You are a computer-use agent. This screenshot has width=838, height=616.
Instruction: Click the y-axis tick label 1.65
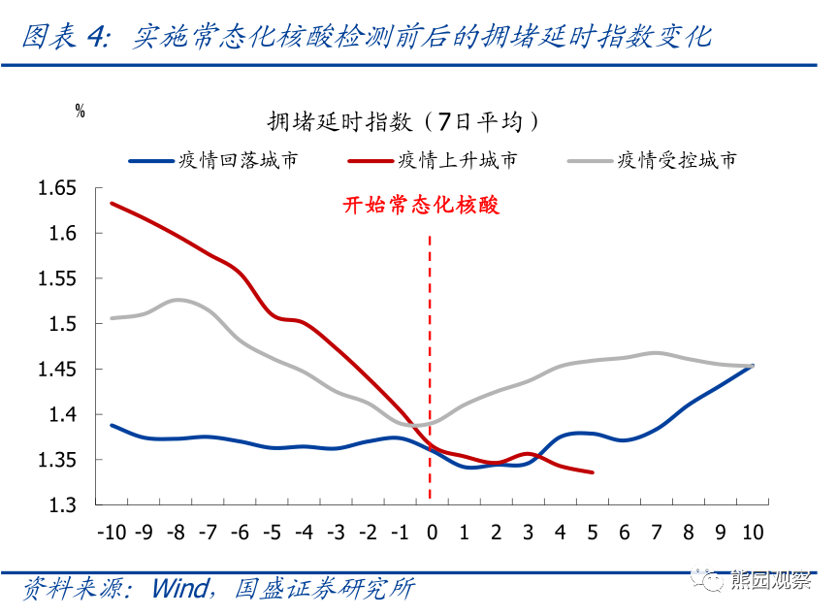tap(56, 188)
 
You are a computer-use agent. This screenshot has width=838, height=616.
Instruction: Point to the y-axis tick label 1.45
tap(56, 369)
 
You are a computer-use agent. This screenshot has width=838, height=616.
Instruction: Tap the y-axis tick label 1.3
tap(62, 504)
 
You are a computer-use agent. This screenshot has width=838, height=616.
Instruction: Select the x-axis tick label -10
tap(112, 533)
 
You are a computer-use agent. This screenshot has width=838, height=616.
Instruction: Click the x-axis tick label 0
tap(432, 533)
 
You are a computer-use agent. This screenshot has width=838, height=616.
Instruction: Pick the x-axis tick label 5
tap(593, 533)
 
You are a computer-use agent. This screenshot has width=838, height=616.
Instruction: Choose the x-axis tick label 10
tap(753, 533)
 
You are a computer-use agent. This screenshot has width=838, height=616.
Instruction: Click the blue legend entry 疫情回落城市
tap(213, 160)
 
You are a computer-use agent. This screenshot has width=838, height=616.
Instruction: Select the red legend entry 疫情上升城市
tap(433, 160)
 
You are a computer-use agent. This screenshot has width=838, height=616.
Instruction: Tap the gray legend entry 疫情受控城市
tap(652, 160)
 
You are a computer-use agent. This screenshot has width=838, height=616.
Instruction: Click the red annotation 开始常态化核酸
tap(421, 205)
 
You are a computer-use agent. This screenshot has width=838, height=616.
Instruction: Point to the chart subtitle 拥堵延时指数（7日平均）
tap(403, 121)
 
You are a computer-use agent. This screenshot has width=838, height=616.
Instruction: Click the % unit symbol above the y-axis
tap(81, 111)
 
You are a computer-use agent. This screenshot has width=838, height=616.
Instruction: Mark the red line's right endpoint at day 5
tap(593, 472)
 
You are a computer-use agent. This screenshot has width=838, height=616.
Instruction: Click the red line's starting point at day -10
tap(112, 203)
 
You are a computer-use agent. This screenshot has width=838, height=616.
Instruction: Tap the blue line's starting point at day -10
tap(112, 425)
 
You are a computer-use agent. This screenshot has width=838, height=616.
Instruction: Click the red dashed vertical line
tap(430, 367)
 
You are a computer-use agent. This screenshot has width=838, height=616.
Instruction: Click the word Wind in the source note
tap(181, 589)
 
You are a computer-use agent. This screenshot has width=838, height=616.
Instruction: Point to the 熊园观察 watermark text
tap(770, 580)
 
